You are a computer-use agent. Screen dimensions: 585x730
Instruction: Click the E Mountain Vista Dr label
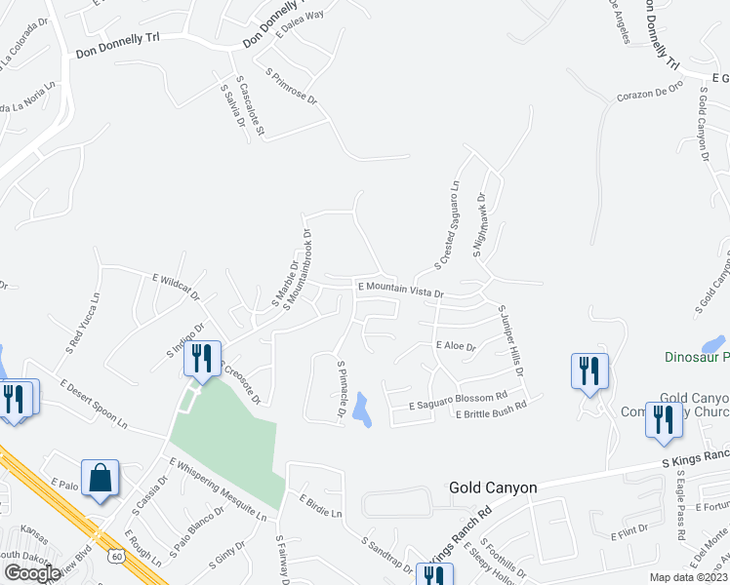(401, 289)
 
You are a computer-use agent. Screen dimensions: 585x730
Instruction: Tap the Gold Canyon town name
(493, 487)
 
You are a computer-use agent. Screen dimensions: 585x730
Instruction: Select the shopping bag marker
(101, 479)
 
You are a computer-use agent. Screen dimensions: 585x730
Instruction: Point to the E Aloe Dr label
(455, 346)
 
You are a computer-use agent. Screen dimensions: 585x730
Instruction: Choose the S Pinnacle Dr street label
(342, 391)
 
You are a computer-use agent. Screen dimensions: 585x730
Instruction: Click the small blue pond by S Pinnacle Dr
(362, 409)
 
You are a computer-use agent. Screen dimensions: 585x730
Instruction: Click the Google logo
(32, 572)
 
